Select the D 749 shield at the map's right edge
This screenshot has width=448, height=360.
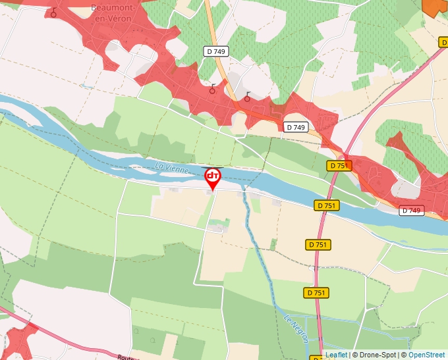(x=411, y=211)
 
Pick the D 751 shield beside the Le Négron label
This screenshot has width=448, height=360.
(x=317, y=293)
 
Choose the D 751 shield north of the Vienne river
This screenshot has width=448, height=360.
(x=338, y=166)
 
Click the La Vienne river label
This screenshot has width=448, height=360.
(x=173, y=168)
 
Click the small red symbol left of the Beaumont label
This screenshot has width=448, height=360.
(x=53, y=13)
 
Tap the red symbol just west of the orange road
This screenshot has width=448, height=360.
(x=212, y=89)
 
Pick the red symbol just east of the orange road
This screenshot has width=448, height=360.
(x=247, y=97)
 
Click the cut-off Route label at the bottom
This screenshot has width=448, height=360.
(x=126, y=357)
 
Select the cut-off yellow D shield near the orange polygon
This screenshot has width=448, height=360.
(x=443, y=42)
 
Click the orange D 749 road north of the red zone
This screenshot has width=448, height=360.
(x=215, y=33)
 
